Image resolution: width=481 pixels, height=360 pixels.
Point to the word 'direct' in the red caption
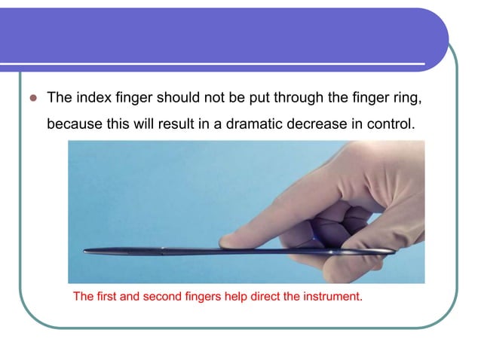tap(263, 296)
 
